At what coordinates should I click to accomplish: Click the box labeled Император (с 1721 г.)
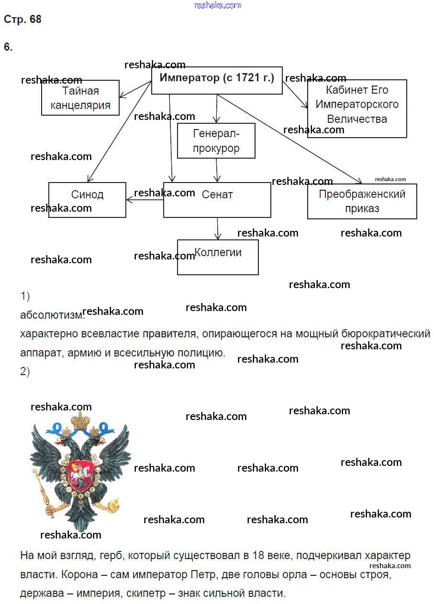217,80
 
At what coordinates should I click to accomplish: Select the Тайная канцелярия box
80,98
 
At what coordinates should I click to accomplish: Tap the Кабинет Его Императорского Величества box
357,108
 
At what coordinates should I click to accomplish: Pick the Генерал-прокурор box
216,141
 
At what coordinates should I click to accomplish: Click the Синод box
87,200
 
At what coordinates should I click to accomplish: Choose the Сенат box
217,200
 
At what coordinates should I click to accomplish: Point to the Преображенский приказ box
362,201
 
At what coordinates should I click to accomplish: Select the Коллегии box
218,257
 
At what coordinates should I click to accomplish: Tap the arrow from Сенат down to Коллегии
218,228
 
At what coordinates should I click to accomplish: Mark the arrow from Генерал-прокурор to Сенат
216,170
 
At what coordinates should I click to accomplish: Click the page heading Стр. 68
22,20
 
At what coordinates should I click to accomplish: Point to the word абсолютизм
52,315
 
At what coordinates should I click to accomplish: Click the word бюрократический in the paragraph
379,334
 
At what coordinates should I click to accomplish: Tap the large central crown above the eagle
81,421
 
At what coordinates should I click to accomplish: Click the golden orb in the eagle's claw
113,505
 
